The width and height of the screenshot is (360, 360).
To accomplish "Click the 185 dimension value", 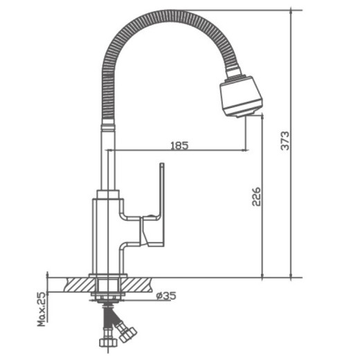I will pyautogui.click(x=179, y=145).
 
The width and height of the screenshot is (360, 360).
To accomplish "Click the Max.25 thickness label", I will pyautogui.click(x=42, y=307).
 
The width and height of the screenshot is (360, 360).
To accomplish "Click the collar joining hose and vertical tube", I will pyautogui.click(x=107, y=125).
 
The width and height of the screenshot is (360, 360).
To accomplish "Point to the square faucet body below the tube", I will pyautogui.click(x=107, y=235).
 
